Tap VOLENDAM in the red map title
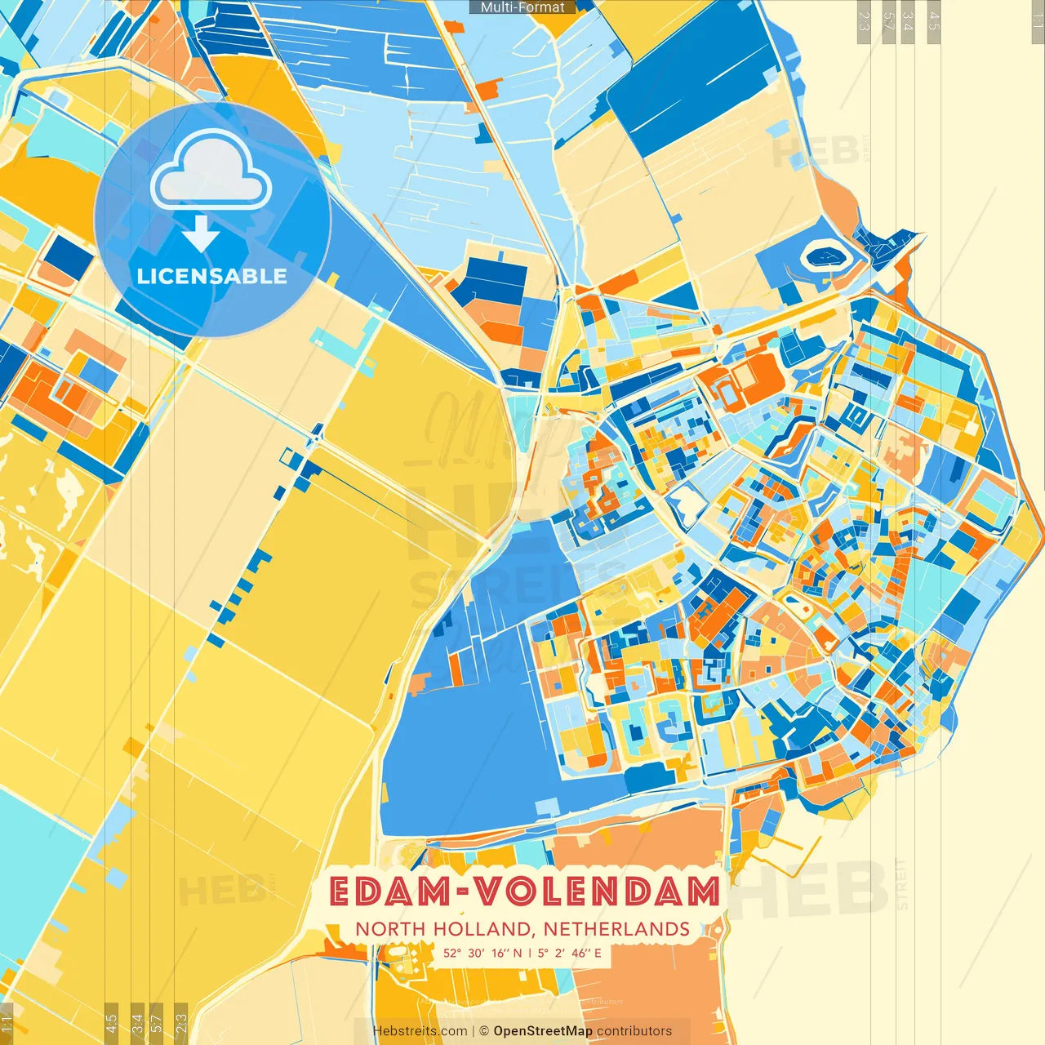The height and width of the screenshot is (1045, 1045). click(x=598, y=892)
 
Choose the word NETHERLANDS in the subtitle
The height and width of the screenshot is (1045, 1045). click(x=616, y=929)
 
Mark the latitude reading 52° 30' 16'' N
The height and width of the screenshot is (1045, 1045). click(x=482, y=953)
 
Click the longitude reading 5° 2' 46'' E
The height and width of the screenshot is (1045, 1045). click(x=570, y=953)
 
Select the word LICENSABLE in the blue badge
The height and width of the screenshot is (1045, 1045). click(x=212, y=276)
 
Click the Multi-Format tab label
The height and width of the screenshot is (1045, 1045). click(x=522, y=7)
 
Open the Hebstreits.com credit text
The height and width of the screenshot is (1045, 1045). click(x=420, y=1031)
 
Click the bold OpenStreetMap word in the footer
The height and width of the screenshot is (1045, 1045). click(x=543, y=1031)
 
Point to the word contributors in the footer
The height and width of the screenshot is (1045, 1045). click(x=634, y=1031)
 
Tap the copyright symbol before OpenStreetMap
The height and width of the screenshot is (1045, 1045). click(x=484, y=1031)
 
